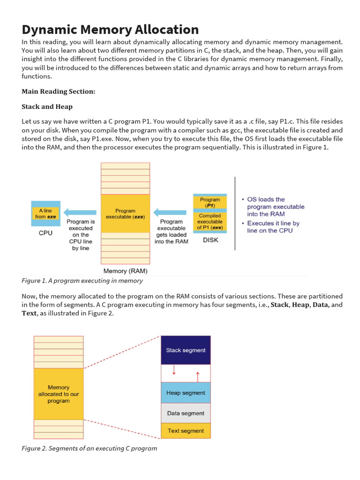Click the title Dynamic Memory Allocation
click(x=110, y=30)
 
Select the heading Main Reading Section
click(x=58, y=91)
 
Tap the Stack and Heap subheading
click(x=47, y=106)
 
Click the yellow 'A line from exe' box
click(x=45, y=214)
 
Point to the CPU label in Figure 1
click(x=45, y=232)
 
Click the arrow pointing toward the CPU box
click(x=80, y=212)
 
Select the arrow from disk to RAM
click(x=170, y=212)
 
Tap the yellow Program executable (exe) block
click(x=125, y=214)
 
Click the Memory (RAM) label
click(x=125, y=271)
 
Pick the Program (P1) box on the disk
click(x=210, y=202)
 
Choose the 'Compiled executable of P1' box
click(x=210, y=221)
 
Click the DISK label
click(x=210, y=240)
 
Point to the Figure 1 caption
click(x=82, y=281)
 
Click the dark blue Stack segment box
click(x=186, y=350)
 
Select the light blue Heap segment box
click(x=186, y=393)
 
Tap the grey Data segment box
click(x=186, y=413)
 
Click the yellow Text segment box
click(x=186, y=431)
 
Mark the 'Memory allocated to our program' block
click(x=59, y=394)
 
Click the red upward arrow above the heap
click(x=197, y=376)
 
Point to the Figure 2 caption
click(x=89, y=448)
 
